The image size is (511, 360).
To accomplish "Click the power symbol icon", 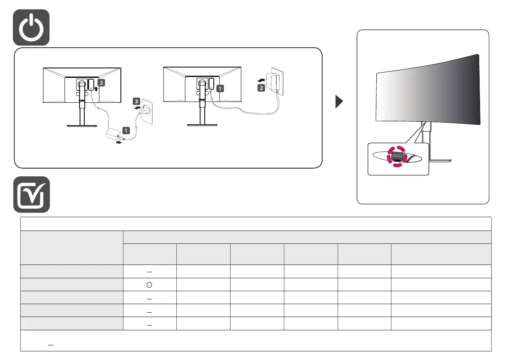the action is click(31, 27).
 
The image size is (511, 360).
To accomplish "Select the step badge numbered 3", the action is click(136, 102).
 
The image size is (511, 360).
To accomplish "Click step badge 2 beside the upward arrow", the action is click(100, 81).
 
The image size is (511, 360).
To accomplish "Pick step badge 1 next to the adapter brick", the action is click(126, 129).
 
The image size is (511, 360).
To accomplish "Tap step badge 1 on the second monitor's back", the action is click(220, 88).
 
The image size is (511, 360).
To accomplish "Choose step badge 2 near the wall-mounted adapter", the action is click(261, 88).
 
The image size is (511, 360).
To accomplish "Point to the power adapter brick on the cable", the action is click(114, 135).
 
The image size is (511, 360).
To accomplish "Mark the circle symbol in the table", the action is click(150, 284).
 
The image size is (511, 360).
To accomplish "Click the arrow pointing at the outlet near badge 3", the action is click(136, 109).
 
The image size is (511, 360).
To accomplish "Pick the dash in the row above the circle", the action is click(150, 271).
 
